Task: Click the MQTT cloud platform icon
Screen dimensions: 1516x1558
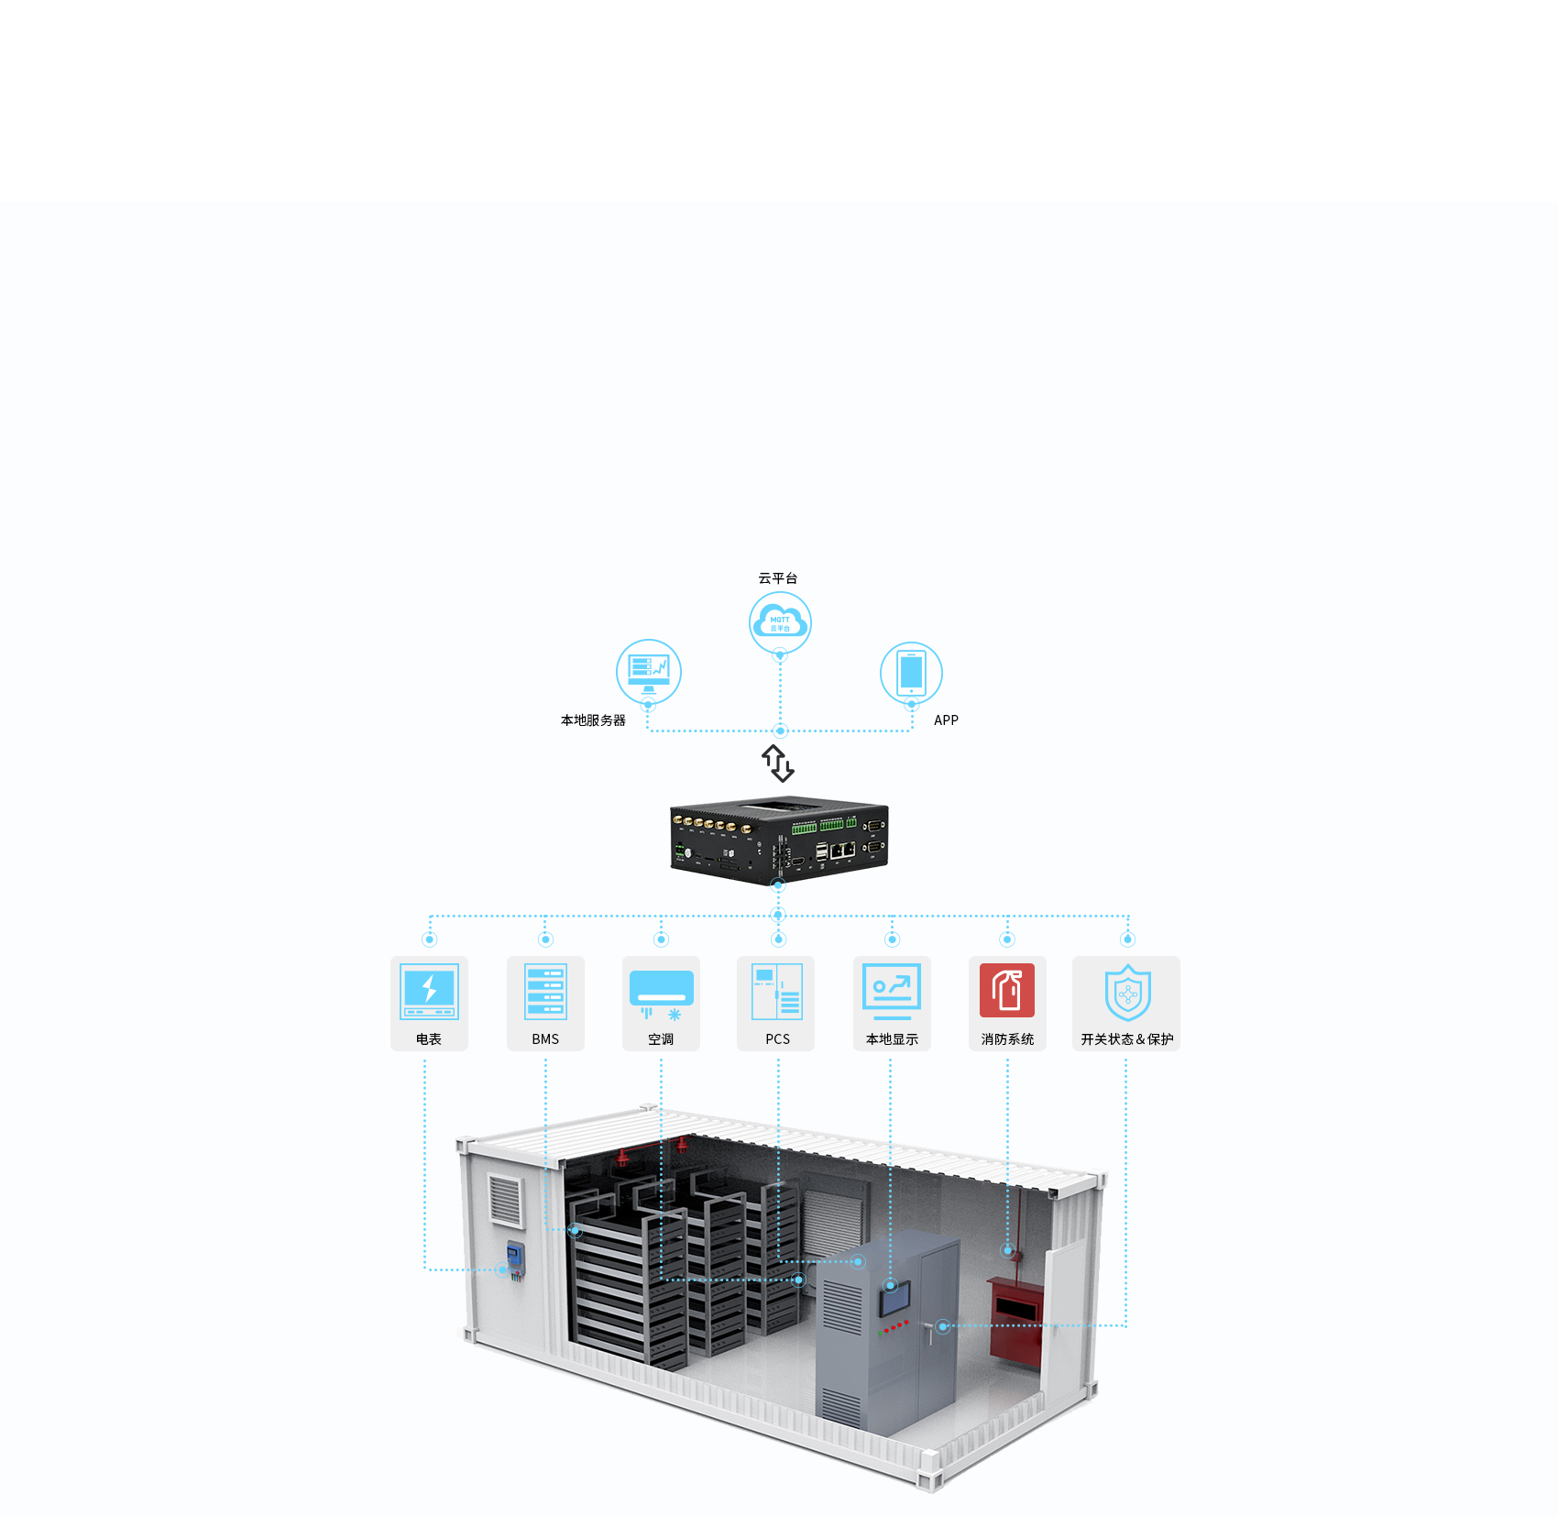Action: tap(780, 622)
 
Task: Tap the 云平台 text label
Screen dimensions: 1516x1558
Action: tap(777, 578)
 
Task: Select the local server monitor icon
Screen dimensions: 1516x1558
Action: tap(649, 671)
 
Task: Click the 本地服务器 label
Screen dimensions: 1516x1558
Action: tap(593, 720)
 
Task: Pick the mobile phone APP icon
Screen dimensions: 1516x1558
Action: tap(911, 672)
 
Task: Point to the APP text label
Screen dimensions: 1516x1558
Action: tap(946, 720)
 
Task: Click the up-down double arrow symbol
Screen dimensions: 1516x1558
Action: tap(778, 763)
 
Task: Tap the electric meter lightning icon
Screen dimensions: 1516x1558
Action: tap(429, 991)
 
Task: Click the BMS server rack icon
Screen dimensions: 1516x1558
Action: tap(545, 991)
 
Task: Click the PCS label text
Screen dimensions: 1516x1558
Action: tap(777, 1039)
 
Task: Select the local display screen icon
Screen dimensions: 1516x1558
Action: tap(892, 991)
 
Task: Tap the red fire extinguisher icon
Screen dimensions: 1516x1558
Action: tap(1007, 990)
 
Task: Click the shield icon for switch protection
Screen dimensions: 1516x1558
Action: tap(1127, 993)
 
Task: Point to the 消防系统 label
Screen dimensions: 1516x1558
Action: tap(1007, 1039)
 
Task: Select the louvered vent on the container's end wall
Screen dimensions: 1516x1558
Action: tap(505, 1200)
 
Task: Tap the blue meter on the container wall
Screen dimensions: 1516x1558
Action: tap(516, 1257)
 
